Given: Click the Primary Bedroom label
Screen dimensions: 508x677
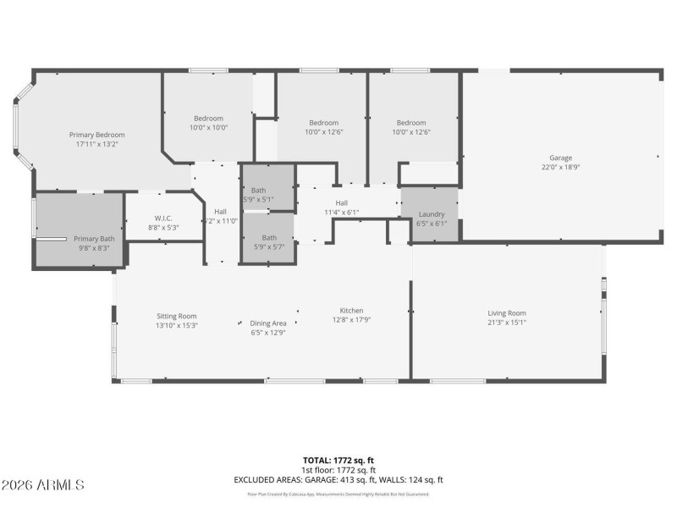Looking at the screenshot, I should (x=97, y=135).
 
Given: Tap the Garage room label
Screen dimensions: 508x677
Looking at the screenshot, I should (x=560, y=157).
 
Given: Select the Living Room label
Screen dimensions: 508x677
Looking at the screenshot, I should (x=506, y=313).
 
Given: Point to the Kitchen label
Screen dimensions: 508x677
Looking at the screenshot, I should (x=351, y=310).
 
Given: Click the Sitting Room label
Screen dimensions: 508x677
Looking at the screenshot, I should (x=176, y=316).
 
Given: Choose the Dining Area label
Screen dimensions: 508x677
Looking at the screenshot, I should (x=267, y=323).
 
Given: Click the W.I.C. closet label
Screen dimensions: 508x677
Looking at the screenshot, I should (x=163, y=218).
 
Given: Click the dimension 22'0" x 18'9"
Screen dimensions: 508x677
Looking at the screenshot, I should (x=560, y=167).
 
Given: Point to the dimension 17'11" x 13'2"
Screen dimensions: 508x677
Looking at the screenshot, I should (x=97, y=144).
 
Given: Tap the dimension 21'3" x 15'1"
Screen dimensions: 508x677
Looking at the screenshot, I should (x=506, y=323).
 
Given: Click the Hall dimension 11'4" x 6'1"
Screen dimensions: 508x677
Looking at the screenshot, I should (x=341, y=212).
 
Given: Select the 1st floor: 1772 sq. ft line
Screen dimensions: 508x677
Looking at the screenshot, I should (x=338, y=471).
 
